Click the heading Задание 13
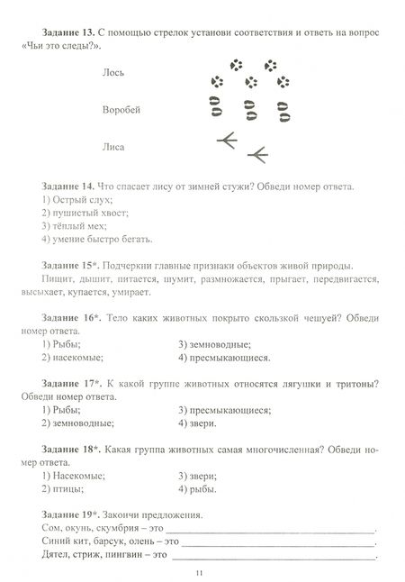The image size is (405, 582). tap(70, 32)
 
